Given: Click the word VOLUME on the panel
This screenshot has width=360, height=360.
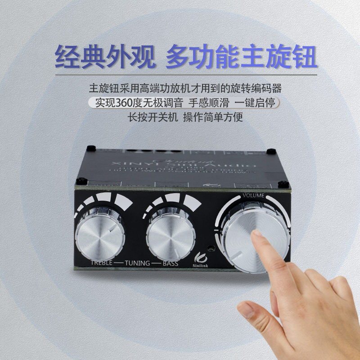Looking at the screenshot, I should click(x=254, y=195).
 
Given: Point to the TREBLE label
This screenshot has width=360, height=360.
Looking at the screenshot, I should click(x=101, y=263).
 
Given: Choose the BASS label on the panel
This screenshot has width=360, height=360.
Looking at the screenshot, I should click(x=170, y=264).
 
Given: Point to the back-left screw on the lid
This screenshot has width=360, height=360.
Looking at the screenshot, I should click(x=91, y=148).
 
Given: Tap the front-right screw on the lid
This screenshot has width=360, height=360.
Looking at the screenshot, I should click(x=283, y=184).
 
